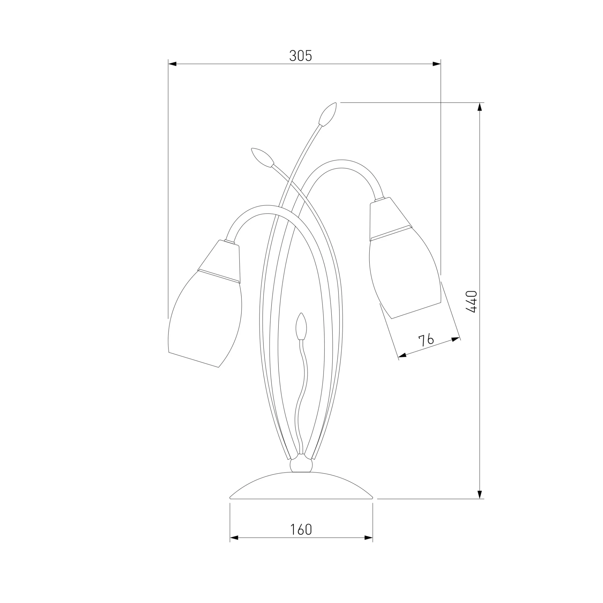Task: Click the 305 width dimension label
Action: (301, 56)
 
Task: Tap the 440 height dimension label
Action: (472, 301)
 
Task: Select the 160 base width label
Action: (301, 530)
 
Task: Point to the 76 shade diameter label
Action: (426, 340)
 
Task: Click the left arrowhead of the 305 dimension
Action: (172, 64)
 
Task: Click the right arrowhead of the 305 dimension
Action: (437, 64)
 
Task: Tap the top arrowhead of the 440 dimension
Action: (480, 107)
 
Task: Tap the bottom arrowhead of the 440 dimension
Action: (480, 494)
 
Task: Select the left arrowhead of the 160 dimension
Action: (234, 538)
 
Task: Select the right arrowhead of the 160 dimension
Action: (368, 538)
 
